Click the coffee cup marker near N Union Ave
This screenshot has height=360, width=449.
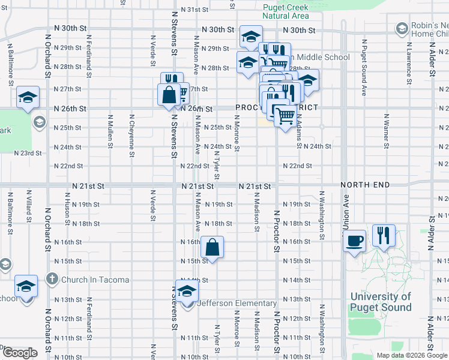click(354, 241)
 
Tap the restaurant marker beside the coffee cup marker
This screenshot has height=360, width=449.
click(384, 235)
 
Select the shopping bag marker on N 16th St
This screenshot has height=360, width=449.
click(212, 247)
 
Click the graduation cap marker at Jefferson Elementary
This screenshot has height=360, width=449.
click(187, 290)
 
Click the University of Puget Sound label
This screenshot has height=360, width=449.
click(381, 302)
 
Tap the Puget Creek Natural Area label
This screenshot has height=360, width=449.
click(286, 11)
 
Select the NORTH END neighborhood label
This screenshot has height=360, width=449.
click(364, 185)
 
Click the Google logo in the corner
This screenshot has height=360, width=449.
click(20, 353)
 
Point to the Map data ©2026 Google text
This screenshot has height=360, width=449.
click(411, 355)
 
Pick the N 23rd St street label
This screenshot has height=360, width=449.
click(29, 153)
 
